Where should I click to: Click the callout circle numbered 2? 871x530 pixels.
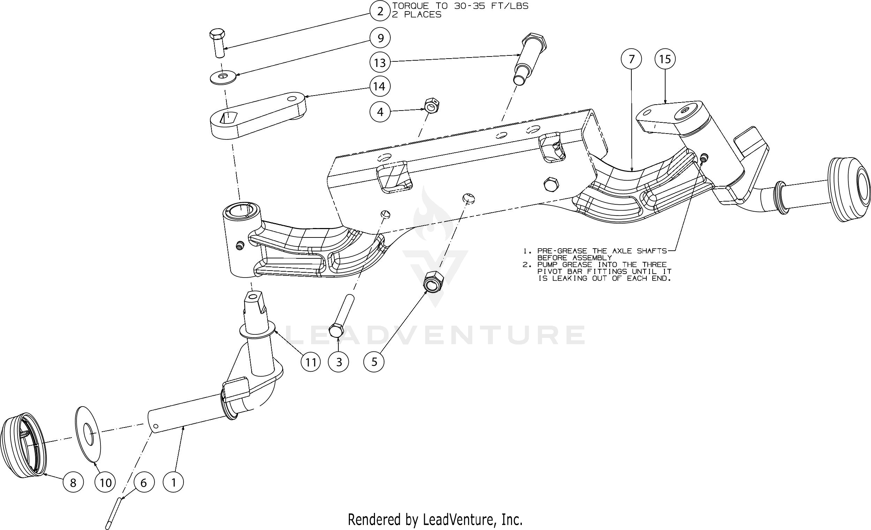tap(380, 11)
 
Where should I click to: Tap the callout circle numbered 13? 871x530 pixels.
tap(380, 63)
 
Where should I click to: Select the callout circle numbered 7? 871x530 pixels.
tap(631, 59)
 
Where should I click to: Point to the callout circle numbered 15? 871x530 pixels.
tap(665, 59)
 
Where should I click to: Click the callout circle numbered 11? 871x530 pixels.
tap(310, 362)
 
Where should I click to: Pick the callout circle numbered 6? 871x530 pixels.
tap(143, 482)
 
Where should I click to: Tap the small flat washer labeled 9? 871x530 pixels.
tap(222, 77)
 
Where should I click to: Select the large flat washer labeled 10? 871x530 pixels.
tap(88, 434)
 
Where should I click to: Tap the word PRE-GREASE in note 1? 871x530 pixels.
tap(562, 251)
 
